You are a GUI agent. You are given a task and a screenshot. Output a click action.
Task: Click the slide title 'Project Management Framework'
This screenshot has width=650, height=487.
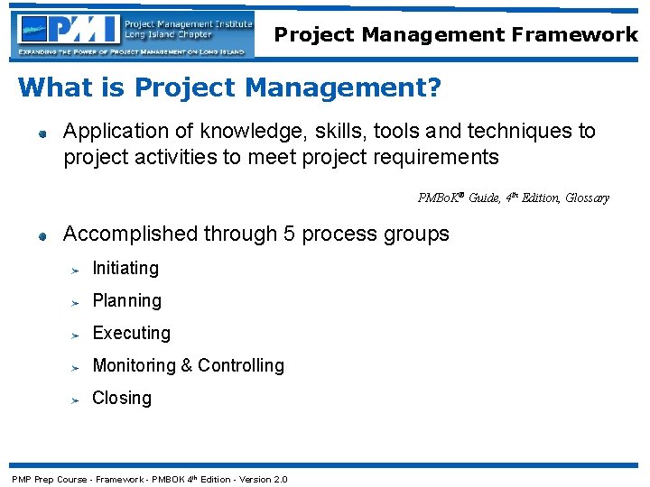click(456, 35)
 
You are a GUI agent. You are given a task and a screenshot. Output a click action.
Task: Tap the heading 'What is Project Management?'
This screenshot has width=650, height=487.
click(229, 87)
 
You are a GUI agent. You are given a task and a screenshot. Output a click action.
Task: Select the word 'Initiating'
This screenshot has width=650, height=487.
click(125, 268)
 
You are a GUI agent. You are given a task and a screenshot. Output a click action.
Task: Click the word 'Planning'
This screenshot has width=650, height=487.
click(127, 300)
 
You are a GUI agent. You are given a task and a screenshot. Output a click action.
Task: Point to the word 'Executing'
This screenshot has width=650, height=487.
click(132, 333)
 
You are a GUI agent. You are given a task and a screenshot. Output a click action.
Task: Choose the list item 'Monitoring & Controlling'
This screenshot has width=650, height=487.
click(188, 365)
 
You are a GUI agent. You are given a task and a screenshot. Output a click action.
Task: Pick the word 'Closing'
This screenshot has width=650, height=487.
click(122, 398)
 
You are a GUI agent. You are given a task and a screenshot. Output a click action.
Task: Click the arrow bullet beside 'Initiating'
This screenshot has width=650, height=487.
click(78, 270)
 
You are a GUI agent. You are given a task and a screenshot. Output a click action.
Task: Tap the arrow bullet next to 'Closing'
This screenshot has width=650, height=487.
click(78, 400)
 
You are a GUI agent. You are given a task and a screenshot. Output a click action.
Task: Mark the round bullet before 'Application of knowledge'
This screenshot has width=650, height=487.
click(42, 133)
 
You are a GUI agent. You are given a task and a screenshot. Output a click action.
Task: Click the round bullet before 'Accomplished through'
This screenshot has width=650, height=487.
click(42, 236)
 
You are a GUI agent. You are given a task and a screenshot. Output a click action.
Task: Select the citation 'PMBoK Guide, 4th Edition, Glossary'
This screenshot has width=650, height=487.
click(513, 198)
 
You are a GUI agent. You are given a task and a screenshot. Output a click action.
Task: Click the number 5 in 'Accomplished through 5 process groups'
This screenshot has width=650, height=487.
click(289, 234)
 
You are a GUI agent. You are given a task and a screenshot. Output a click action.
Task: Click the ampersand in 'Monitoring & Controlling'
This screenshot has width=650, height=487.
click(187, 365)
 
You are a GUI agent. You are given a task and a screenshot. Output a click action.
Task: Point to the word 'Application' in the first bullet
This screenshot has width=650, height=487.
click(116, 132)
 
